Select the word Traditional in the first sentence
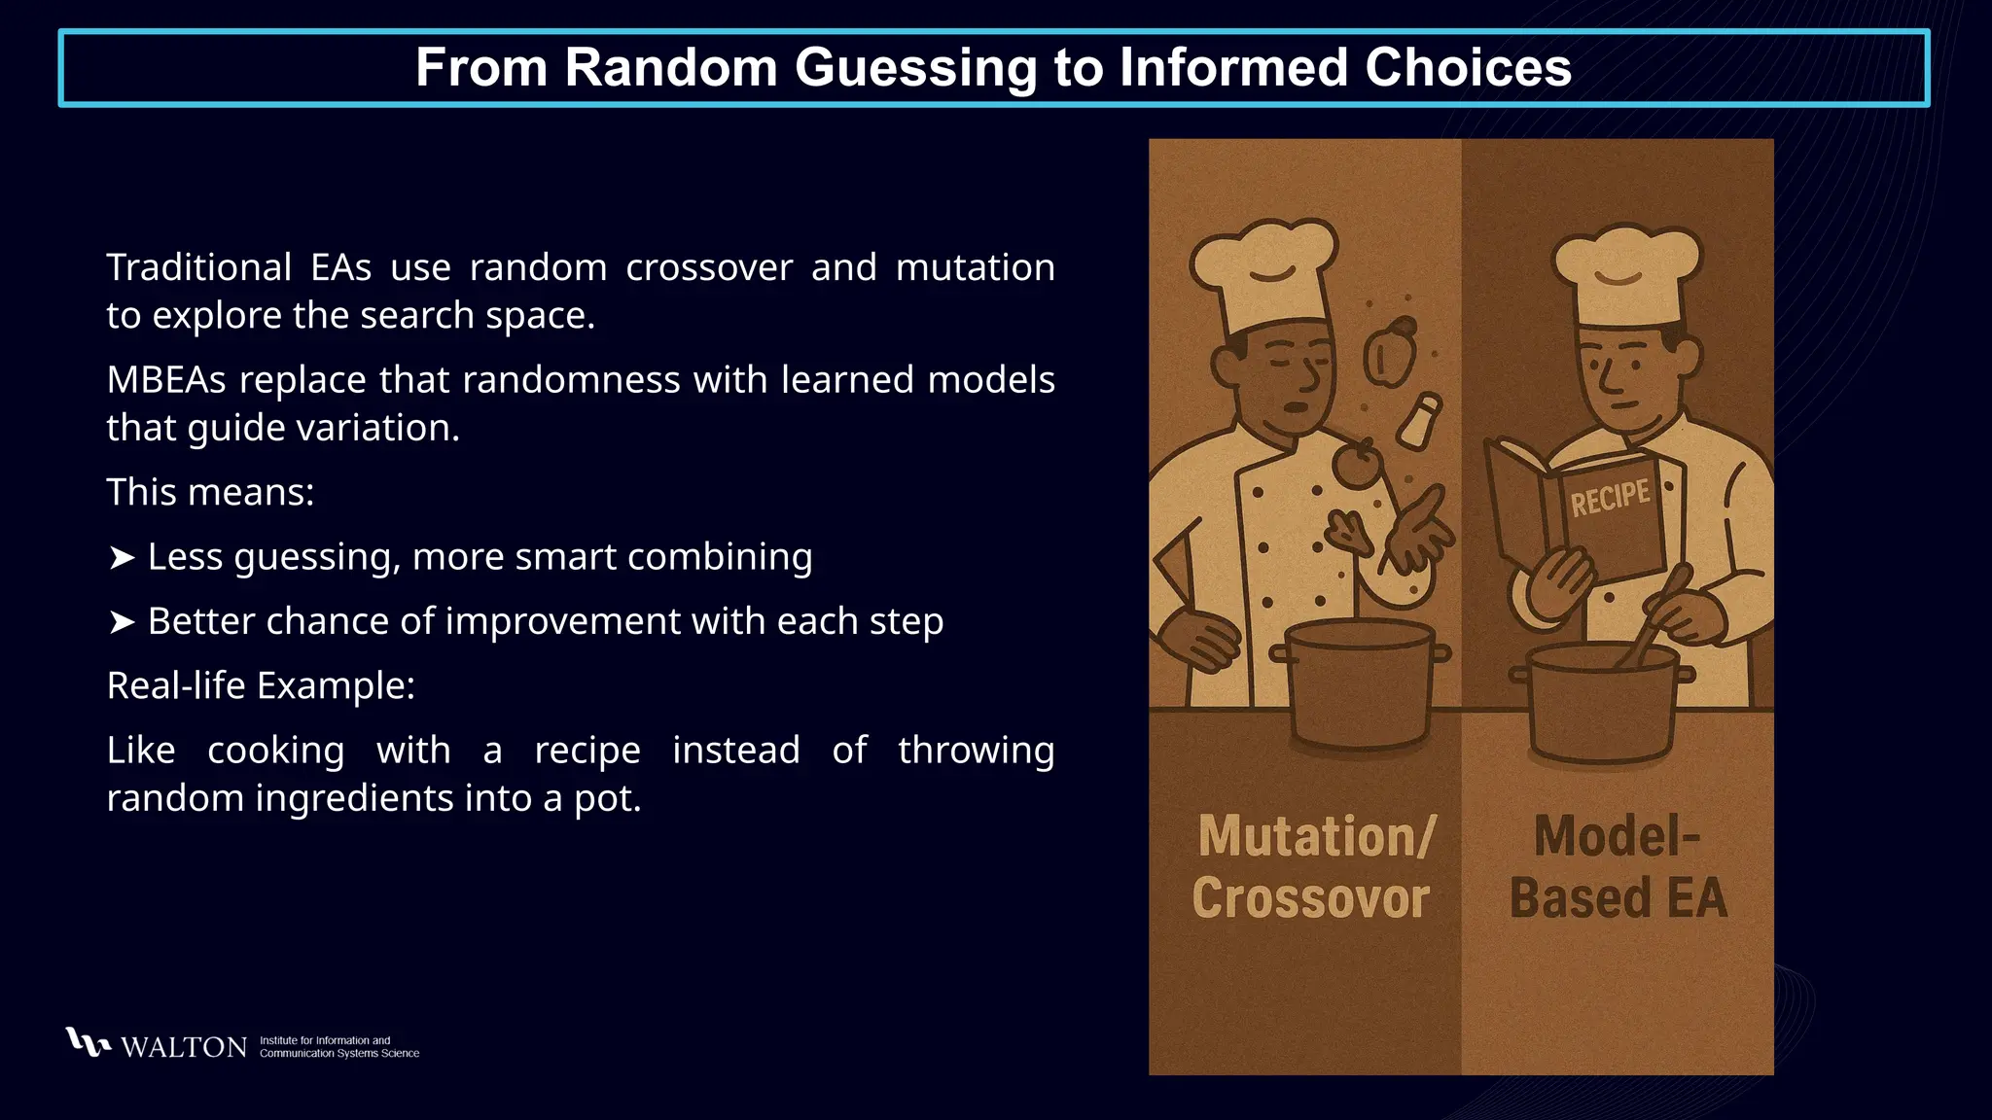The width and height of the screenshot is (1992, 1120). pos(198,267)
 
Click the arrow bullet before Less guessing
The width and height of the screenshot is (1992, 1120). pos(122,558)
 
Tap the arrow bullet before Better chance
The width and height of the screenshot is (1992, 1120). pos(122,622)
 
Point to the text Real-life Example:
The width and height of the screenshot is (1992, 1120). pos(261,686)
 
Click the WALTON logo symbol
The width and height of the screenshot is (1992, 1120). pos(88,1042)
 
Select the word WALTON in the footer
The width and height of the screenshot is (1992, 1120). pos(184,1047)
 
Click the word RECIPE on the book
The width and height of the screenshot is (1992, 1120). pos(1610,498)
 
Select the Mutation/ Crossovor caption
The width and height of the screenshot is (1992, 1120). pos(1313,867)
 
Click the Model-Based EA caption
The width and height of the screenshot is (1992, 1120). pos(1618,867)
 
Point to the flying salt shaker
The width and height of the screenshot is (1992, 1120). pos(1419,420)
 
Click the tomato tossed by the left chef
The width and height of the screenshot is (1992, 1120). pos(1357,465)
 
